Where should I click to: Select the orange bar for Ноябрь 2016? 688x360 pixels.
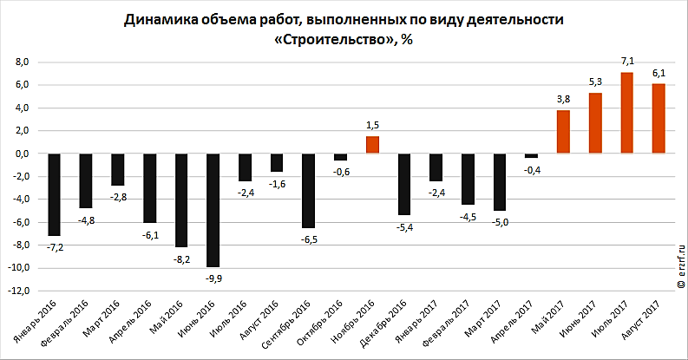[x=372, y=145]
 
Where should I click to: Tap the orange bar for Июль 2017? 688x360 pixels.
[x=626, y=113]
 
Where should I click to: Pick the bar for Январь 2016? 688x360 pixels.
[x=54, y=194]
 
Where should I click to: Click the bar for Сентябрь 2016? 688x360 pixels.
[x=309, y=190]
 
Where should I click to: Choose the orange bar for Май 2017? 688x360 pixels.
[x=563, y=132]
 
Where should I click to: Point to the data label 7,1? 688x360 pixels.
[x=627, y=61]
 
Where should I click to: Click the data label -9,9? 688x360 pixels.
[x=213, y=278]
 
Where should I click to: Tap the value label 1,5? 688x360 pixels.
[x=372, y=125]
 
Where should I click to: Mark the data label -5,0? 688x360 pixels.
[x=499, y=222]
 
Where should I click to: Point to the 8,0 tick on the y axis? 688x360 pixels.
[x=23, y=62]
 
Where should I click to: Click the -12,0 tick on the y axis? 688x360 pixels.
[x=19, y=291]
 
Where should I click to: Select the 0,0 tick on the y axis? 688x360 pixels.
[x=23, y=154]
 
